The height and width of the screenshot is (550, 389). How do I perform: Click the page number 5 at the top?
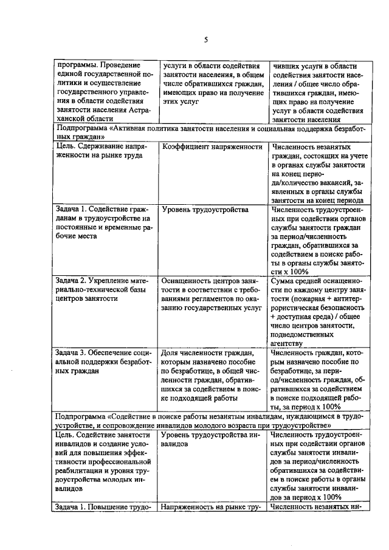[x=205, y=40]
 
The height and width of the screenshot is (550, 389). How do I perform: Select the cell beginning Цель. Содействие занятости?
[x=102, y=461]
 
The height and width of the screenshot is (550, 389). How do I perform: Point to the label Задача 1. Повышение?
[x=102, y=506]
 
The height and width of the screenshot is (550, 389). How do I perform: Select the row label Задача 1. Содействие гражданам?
[x=102, y=223]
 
